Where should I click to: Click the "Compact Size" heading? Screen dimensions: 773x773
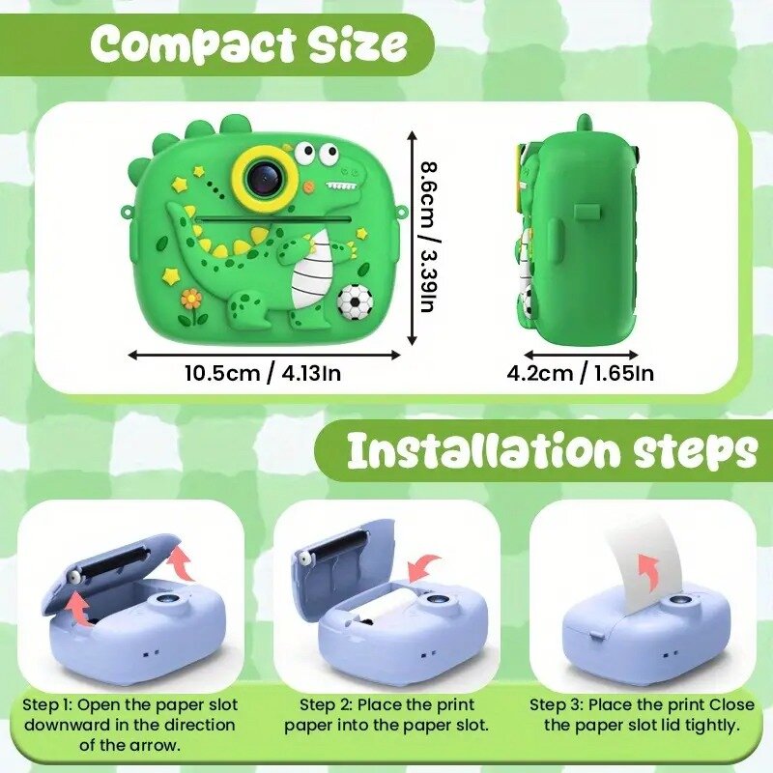coord(249,44)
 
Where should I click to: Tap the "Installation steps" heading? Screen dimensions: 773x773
coord(552,450)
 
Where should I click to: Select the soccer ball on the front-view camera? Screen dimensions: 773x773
coord(355,301)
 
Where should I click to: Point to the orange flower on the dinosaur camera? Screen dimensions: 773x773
coord(191,299)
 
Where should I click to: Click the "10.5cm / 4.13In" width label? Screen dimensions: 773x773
coord(263,373)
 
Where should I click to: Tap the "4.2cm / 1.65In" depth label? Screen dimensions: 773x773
coord(581,373)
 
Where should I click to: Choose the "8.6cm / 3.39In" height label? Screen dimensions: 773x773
coord(428,237)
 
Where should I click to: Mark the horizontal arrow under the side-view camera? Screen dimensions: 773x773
coord(582,355)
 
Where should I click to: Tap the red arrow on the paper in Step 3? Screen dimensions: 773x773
coord(647,572)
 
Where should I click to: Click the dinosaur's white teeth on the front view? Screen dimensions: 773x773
coord(342,186)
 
